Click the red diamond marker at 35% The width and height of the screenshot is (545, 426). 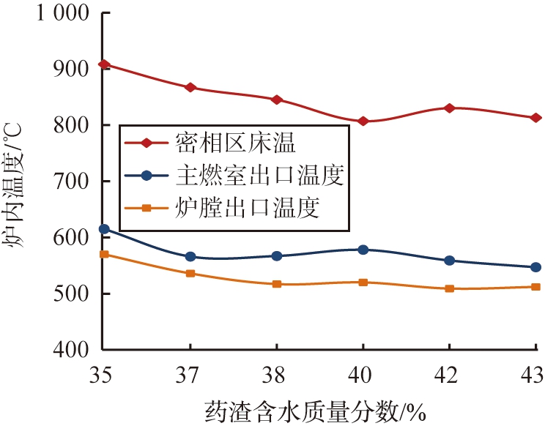pyautogui.click(x=104, y=64)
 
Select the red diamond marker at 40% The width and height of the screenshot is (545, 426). pyautogui.click(x=363, y=121)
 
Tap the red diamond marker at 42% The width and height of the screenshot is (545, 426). pyautogui.click(x=450, y=108)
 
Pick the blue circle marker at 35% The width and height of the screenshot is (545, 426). pyautogui.click(x=104, y=229)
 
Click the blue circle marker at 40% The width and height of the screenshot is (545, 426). pyautogui.click(x=363, y=250)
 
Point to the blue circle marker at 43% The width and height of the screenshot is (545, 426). pyautogui.click(x=535, y=267)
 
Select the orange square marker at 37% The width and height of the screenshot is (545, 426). pyautogui.click(x=190, y=273)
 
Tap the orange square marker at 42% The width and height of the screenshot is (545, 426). pyautogui.click(x=450, y=288)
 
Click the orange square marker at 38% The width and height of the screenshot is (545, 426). pyautogui.click(x=277, y=283)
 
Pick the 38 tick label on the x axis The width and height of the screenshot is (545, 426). pyautogui.click(x=277, y=375)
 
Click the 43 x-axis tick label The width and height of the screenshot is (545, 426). pyautogui.click(x=534, y=375)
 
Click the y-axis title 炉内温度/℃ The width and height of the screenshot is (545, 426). pyautogui.click(x=15, y=183)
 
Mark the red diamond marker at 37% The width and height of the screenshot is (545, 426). pyautogui.click(x=190, y=87)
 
